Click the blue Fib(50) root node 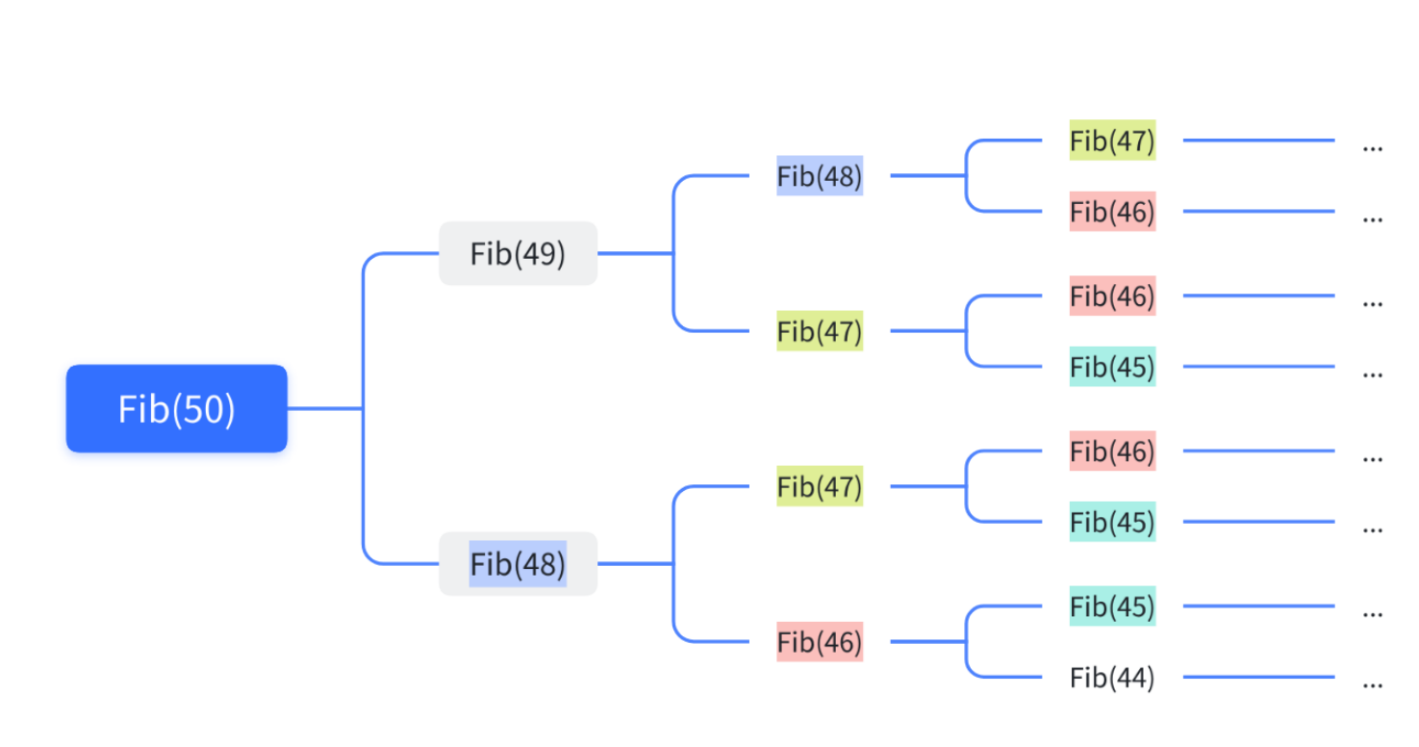[176, 408]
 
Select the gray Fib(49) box [518, 253]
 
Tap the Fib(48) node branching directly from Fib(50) [518, 563]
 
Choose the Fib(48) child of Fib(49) [820, 176]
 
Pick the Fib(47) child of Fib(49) [820, 331]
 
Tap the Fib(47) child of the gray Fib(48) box [820, 486]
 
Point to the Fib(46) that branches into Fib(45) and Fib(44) [820, 642]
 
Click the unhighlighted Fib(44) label [1111, 678]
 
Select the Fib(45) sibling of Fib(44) [1111, 606]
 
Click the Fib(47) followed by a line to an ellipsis [1111, 141]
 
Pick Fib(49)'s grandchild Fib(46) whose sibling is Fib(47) [1111, 212]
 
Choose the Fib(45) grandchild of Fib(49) [1111, 367]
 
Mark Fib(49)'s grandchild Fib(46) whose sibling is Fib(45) [1111, 296]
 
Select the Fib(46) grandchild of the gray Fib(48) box [1111, 451]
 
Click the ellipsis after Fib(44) [1373, 683]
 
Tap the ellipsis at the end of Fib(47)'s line [1373, 147]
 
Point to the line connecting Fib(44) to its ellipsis [1258, 678]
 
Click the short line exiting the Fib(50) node [324, 408]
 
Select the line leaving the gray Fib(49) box [635, 253]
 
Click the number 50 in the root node [205, 409]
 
